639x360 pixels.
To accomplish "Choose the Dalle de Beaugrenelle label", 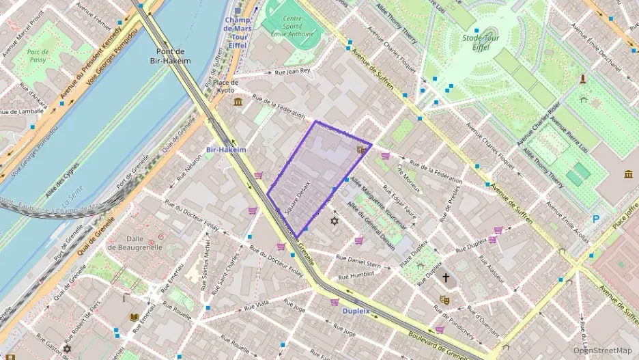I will coord(144,243).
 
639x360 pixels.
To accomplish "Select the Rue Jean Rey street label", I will coord(292,71).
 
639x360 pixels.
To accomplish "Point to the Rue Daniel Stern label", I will coord(359,261).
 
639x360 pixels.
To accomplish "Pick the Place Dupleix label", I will coord(414,249).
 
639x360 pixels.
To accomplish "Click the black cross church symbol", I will coord(446,278).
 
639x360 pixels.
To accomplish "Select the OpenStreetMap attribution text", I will coord(602,350).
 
